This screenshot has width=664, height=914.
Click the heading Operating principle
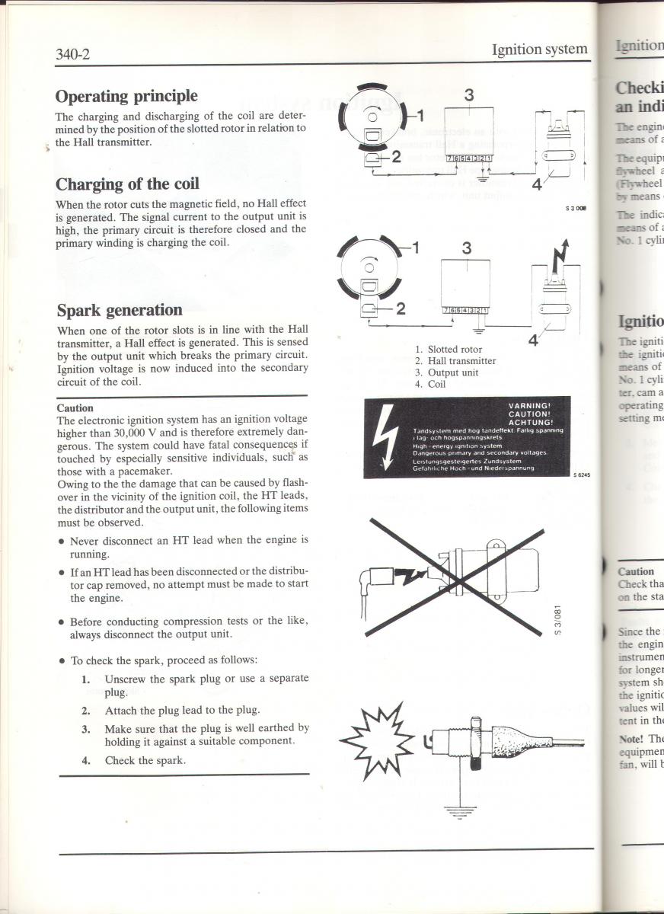click(x=126, y=96)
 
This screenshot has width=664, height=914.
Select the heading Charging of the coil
click(x=127, y=184)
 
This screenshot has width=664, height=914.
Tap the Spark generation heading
click(x=120, y=310)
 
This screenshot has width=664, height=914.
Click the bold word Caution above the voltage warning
click(x=75, y=407)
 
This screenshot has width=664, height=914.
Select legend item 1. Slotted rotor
click(x=449, y=350)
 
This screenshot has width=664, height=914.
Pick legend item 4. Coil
click(x=430, y=384)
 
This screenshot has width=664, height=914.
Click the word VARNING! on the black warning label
click(x=528, y=405)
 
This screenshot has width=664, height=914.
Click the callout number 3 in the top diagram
click(x=469, y=95)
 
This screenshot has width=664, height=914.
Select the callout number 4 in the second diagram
click(x=533, y=341)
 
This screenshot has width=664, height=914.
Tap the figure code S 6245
click(x=582, y=475)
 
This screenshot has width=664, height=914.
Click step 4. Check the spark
click(x=134, y=760)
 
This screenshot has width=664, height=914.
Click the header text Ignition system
click(x=540, y=50)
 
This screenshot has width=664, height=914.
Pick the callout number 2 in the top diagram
click(x=396, y=158)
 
